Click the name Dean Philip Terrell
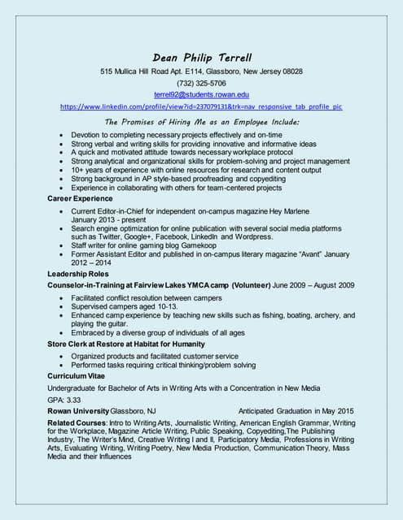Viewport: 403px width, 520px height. (201, 57)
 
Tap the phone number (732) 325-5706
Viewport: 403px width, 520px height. (201, 83)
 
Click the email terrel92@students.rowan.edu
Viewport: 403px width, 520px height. (201, 94)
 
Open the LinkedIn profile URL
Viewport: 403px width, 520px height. (201, 106)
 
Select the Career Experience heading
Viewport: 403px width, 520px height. (81, 197)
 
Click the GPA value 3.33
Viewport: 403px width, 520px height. (75, 400)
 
